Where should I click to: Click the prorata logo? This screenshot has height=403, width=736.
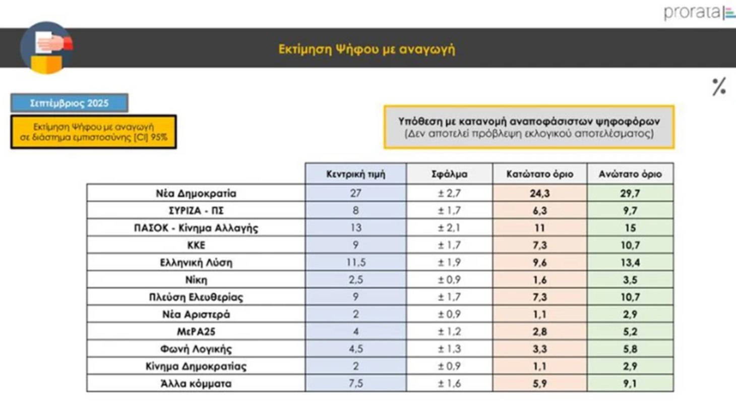coord(699,13)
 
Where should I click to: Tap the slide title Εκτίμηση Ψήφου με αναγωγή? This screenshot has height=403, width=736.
coord(367,49)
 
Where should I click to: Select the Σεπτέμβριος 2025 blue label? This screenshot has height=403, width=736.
coord(70,103)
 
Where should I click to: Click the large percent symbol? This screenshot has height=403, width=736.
coord(719,87)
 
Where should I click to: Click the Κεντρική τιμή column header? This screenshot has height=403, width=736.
coord(355,174)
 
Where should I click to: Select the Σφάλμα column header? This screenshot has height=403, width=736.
coord(449,174)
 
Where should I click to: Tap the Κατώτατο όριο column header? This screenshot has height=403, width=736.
coord(540,174)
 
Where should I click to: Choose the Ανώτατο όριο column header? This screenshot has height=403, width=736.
coord(630,174)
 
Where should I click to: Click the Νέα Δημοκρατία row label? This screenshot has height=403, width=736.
coord(196,193)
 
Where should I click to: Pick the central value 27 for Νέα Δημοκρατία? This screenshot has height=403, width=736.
coord(355,193)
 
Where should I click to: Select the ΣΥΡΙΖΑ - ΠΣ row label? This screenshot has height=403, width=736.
coord(196,211)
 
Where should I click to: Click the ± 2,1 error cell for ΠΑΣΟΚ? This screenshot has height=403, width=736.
coord(449,228)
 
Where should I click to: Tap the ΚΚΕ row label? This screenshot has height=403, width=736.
coord(196,245)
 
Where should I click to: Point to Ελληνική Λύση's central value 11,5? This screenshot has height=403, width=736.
coord(355,262)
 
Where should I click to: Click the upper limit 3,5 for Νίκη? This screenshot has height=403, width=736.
coord(630,280)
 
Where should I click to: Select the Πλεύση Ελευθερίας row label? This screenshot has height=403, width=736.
coord(196,297)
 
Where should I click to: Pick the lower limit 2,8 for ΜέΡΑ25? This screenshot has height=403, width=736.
coord(540,331)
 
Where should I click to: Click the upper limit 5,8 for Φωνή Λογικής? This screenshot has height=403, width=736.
coord(630,349)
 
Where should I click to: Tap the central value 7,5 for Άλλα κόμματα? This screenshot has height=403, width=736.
coord(355,383)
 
